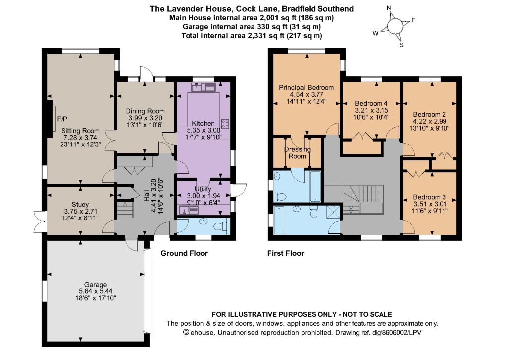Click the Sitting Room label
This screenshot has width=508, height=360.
pyautogui.click(x=80, y=131)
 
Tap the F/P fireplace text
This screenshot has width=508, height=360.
pyautogui.click(x=62, y=119)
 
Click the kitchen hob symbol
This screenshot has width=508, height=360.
pyautogui.click(x=225, y=123)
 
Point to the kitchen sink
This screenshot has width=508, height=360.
pyautogui.click(x=203, y=87)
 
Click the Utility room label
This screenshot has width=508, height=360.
pyautogui.click(x=203, y=189)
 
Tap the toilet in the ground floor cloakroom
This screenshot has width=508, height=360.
pyautogui.click(x=223, y=226)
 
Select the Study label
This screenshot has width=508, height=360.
pyautogui.click(x=80, y=204)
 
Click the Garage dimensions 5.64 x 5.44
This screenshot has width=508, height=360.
pyautogui.click(x=96, y=291)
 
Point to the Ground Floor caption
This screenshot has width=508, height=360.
pyautogui.click(x=184, y=253)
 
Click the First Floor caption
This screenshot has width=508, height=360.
pyautogui.click(x=286, y=253)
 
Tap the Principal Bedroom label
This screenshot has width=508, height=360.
pyautogui.click(x=307, y=87)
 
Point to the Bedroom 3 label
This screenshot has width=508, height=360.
pyautogui.click(x=430, y=197)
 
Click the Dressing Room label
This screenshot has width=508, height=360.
pyautogui.click(x=297, y=153)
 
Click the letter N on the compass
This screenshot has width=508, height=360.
pyautogui.click(x=389, y=8)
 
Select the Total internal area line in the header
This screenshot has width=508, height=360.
pyautogui.click(x=252, y=36)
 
